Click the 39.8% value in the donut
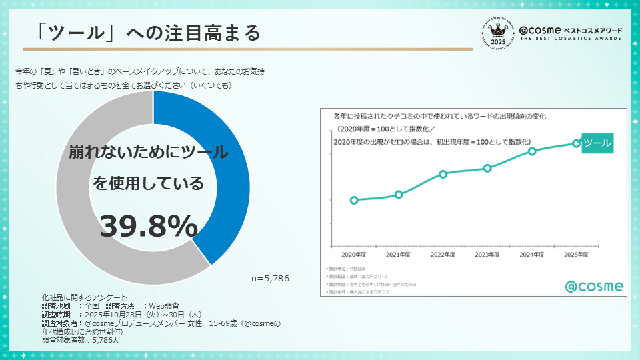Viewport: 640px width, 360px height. (x=149, y=227)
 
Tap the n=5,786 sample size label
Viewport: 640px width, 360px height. (x=270, y=278)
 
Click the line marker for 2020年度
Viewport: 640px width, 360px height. (x=354, y=200)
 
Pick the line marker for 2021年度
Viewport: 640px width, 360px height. (x=399, y=195)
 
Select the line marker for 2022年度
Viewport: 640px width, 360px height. (x=443, y=174)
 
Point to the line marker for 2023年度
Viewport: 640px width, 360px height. (x=487, y=168)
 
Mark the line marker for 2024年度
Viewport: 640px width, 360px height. (x=532, y=151)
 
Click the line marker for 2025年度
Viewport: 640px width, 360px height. (x=577, y=143)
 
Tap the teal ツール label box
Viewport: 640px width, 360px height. (x=597, y=143)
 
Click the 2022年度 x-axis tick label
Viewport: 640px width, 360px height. (x=443, y=255)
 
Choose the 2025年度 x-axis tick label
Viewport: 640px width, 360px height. (x=576, y=255)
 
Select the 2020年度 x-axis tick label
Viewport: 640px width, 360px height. (x=354, y=255)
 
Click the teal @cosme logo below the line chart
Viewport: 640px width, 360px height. (x=595, y=286)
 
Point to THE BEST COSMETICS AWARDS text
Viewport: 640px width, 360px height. (x=570, y=39)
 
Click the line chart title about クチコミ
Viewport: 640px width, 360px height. (x=439, y=116)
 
